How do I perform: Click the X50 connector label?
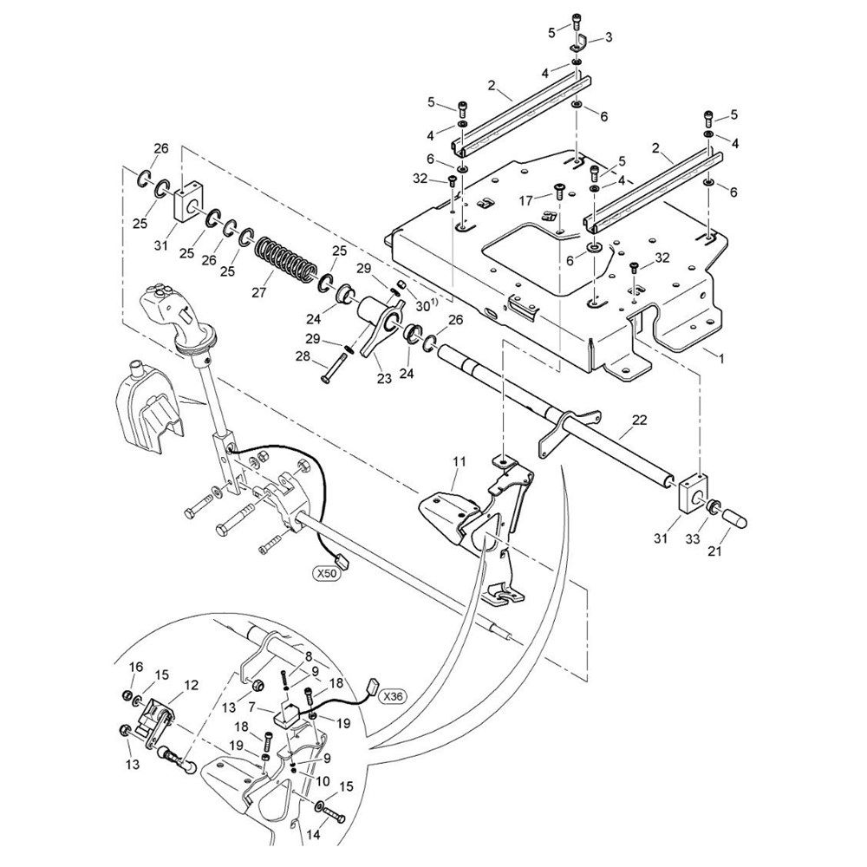[x=325, y=575]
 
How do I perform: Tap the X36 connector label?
[x=393, y=696]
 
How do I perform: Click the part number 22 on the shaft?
[x=639, y=420]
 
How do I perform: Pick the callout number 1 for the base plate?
[x=721, y=358]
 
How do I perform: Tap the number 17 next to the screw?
[x=526, y=199]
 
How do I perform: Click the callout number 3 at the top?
[x=609, y=37]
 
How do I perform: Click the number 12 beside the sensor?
[x=191, y=685]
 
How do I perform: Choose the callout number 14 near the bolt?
[x=313, y=835]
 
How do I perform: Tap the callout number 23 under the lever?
[x=384, y=379]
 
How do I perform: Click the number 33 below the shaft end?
[x=692, y=539]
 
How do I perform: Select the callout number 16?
[x=136, y=667]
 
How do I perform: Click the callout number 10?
[x=323, y=781]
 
